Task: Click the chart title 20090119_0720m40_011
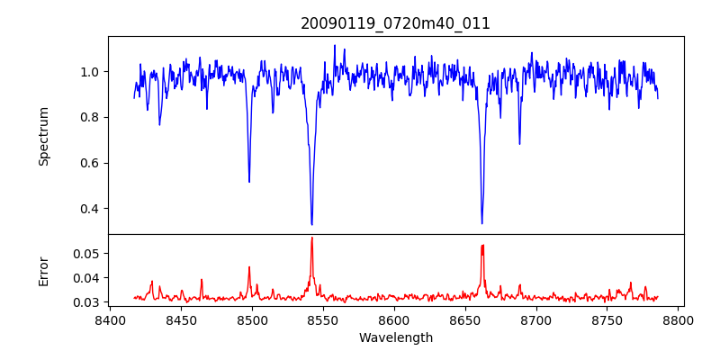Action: (x=395, y=23)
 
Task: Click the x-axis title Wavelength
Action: (x=395, y=337)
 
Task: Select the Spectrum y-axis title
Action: (x=43, y=136)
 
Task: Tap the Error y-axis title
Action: (x=43, y=271)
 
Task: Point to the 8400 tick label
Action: (x=110, y=319)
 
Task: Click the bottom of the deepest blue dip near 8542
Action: (x=311, y=224)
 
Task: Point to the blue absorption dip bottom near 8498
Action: (x=249, y=182)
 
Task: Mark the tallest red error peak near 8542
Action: (x=311, y=238)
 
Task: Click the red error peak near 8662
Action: (x=482, y=245)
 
